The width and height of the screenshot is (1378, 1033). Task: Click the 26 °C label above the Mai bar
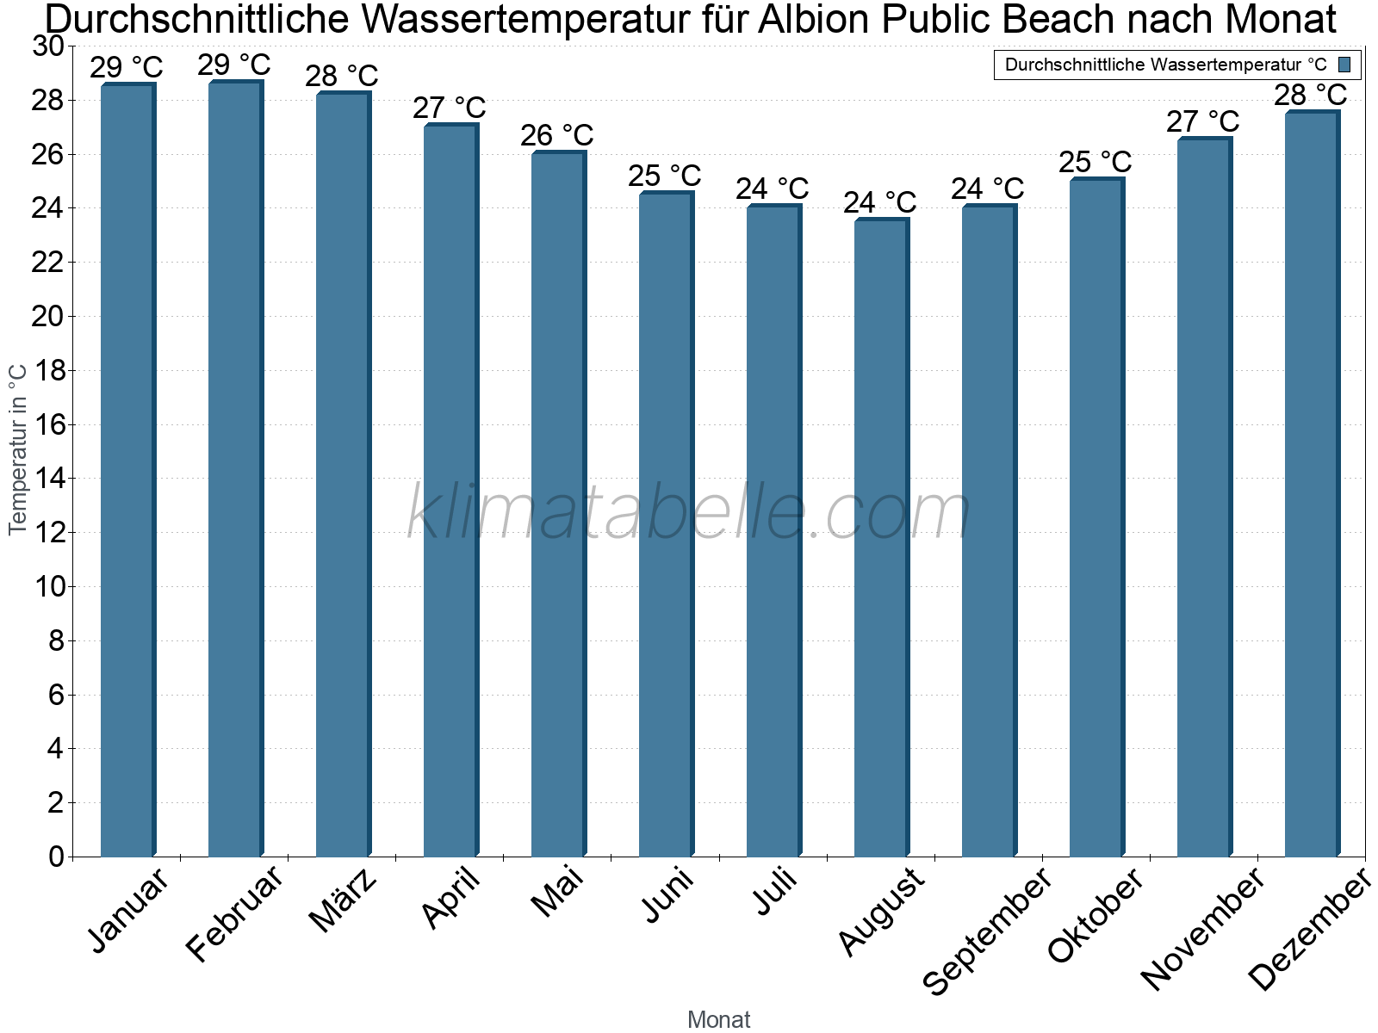pos(557,135)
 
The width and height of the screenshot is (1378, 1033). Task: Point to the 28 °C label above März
pos(342,76)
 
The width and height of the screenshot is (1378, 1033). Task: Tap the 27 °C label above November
pos(1203,121)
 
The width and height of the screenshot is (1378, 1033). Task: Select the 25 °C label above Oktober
pos(1096,162)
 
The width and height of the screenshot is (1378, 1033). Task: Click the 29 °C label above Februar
pos(234,65)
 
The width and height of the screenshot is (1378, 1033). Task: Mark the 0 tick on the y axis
pos(56,857)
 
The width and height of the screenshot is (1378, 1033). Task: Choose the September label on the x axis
pos(987,930)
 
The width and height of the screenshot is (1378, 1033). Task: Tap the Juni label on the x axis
pos(668,894)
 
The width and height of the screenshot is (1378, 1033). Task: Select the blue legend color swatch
pos(1344,65)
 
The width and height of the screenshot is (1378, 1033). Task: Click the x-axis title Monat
pos(719,1020)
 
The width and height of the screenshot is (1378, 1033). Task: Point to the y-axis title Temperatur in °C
pos(18,448)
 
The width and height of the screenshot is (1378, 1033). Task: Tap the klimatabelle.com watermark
pos(689,513)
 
